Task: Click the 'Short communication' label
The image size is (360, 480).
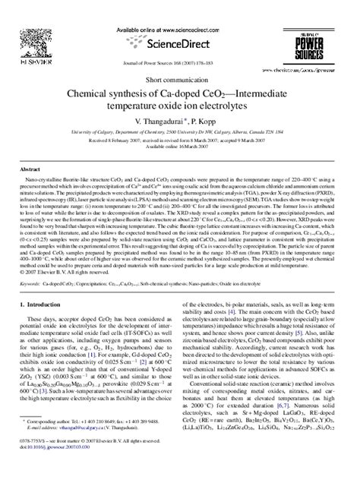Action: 180,78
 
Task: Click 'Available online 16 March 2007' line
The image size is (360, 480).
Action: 180,146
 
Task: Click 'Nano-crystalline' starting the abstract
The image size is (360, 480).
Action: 50,182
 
